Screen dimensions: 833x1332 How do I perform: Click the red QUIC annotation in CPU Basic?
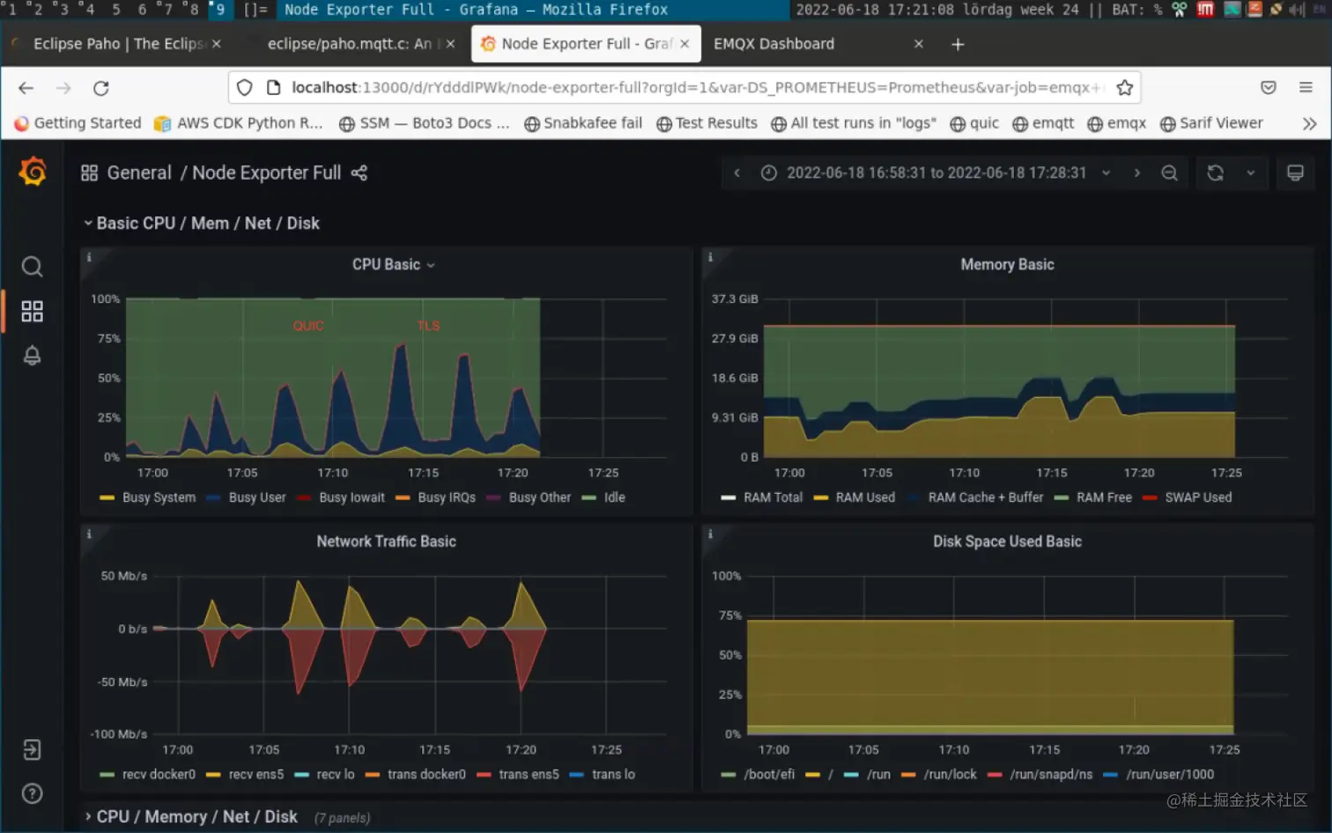(308, 326)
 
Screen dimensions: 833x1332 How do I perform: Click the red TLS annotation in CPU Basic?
(428, 326)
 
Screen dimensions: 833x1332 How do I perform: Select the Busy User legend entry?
(256, 498)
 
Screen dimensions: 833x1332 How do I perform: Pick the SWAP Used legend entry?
(1197, 498)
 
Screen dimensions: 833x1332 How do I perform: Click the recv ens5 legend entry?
(255, 774)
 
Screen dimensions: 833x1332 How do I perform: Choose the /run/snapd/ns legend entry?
(1050, 774)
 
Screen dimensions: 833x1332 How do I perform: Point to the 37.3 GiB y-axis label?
(735, 299)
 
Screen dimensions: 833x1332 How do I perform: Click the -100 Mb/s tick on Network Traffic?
(119, 733)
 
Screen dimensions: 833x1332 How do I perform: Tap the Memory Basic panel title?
(1007, 264)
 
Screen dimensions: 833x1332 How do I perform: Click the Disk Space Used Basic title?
(1007, 542)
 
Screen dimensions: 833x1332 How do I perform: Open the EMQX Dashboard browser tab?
(773, 44)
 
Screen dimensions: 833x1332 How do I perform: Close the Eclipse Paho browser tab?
(217, 44)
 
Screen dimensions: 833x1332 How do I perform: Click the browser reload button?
(101, 88)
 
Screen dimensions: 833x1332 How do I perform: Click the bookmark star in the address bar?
(1124, 88)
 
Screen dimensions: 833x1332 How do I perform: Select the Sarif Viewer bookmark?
(1220, 123)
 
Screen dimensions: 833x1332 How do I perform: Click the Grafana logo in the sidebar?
(33, 172)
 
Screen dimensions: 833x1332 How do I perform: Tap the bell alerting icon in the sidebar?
(32, 356)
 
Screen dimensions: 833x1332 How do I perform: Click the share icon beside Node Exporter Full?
(359, 173)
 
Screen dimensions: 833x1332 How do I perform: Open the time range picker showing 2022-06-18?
(936, 173)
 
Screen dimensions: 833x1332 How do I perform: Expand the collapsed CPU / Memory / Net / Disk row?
(196, 816)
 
